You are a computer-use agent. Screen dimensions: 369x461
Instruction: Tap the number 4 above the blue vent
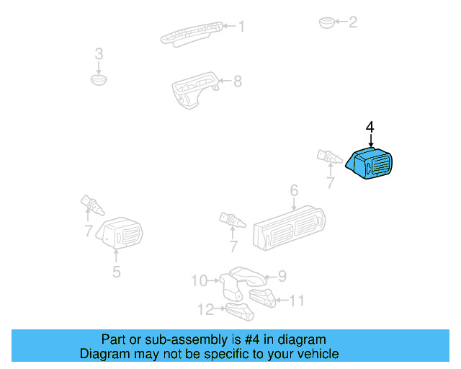coord(370,128)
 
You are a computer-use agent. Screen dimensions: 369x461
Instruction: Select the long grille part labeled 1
coord(191,32)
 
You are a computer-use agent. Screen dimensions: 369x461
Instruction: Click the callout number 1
coord(241,27)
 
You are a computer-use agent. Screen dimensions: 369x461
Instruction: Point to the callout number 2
coord(353,22)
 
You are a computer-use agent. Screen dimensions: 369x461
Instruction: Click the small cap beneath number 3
coord(99,78)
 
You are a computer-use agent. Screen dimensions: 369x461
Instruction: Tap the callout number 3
coord(99,54)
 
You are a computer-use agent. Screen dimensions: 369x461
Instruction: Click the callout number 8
coord(237,81)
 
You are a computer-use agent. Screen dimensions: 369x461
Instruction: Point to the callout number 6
coord(294,191)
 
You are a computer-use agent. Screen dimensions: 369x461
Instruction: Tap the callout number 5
coord(116,272)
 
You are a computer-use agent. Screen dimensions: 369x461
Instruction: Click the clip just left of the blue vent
coord(328,156)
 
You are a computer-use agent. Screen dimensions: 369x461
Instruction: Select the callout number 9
coord(282,275)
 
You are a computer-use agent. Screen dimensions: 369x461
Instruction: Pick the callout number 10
coord(199,280)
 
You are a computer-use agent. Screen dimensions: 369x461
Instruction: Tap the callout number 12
coord(205,309)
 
